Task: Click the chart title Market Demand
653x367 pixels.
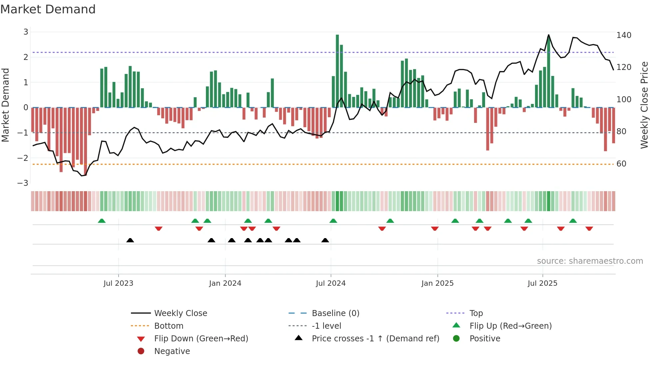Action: pos(48,9)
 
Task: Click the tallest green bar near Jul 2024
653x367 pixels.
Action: pos(337,70)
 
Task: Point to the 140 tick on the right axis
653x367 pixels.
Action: pos(624,35)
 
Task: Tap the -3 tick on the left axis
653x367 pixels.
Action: pos(23,183)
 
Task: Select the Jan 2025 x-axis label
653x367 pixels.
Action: pos(437,283)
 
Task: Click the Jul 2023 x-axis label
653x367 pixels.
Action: pos(118,283)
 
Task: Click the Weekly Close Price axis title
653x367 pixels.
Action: pos(644,105)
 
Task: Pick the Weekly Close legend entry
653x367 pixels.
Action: pos(180,313)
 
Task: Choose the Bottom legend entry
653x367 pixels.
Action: pos(169,326)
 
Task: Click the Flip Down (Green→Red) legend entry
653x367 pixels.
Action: pos(201,339)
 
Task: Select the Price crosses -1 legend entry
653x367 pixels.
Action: pos(375,339)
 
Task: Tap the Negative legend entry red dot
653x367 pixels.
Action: pos(141,351)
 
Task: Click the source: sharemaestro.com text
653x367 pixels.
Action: pos(590,261)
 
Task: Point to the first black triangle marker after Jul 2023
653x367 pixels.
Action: pos(130,240)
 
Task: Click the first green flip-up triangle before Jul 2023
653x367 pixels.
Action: pos(102,221)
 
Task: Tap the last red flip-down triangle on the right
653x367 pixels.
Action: pos(589,228)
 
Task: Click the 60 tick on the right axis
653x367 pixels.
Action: pos(621,164)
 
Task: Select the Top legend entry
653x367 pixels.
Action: pos(476,313)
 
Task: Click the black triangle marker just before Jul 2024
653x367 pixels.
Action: pos(325,240)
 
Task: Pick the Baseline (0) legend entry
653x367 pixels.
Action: pos(335,313)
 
